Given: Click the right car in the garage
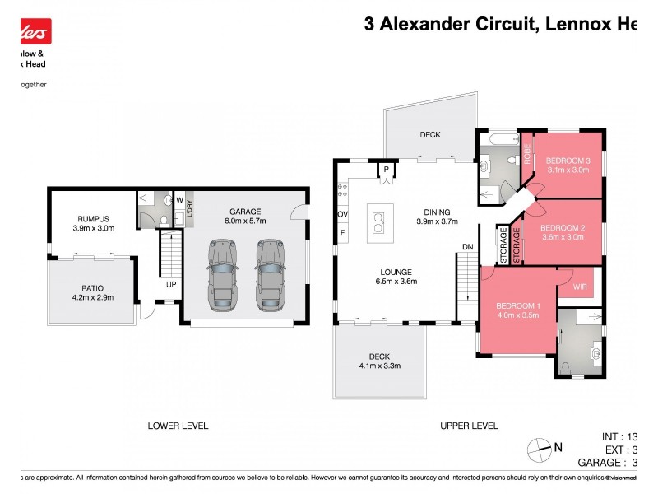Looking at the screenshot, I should click(269, 277).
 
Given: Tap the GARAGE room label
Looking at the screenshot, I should click(245, 211).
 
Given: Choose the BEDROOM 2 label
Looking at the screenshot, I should click(563, 227).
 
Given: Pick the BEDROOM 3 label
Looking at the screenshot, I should click(568, 161).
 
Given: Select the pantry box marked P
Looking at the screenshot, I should click(385, 169).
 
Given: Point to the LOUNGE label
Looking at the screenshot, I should click(396, 272).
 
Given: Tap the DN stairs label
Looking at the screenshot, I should click(467, 246).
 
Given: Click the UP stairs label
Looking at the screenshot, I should click(171, 284).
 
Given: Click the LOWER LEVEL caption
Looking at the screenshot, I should click(178, 426).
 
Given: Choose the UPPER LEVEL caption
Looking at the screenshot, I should click(469, 426).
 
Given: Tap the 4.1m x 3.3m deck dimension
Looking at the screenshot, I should click(379, 366).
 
